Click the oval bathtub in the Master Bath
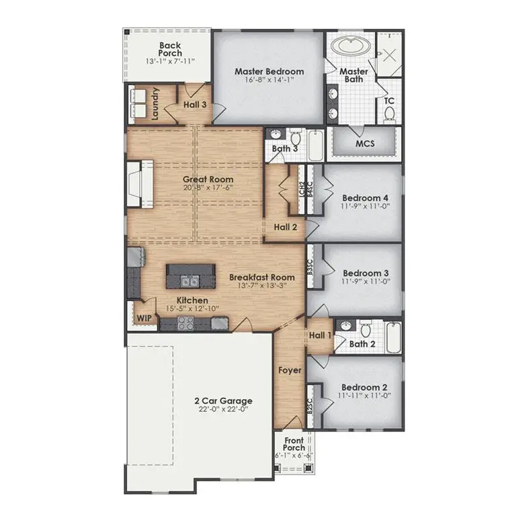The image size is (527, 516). pos(349,47)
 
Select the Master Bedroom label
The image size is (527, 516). pos(269,71)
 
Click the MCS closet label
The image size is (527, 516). pos(365,144)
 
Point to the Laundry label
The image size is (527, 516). pos(155,103)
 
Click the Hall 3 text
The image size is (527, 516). pos(195,105)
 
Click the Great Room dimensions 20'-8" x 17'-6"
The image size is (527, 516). pos(208,188)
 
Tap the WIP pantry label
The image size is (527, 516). pos(145,316)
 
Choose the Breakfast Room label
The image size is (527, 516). pos(261,277)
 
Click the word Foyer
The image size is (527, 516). pos(290,370)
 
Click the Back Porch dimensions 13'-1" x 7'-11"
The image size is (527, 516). pos(170,61)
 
